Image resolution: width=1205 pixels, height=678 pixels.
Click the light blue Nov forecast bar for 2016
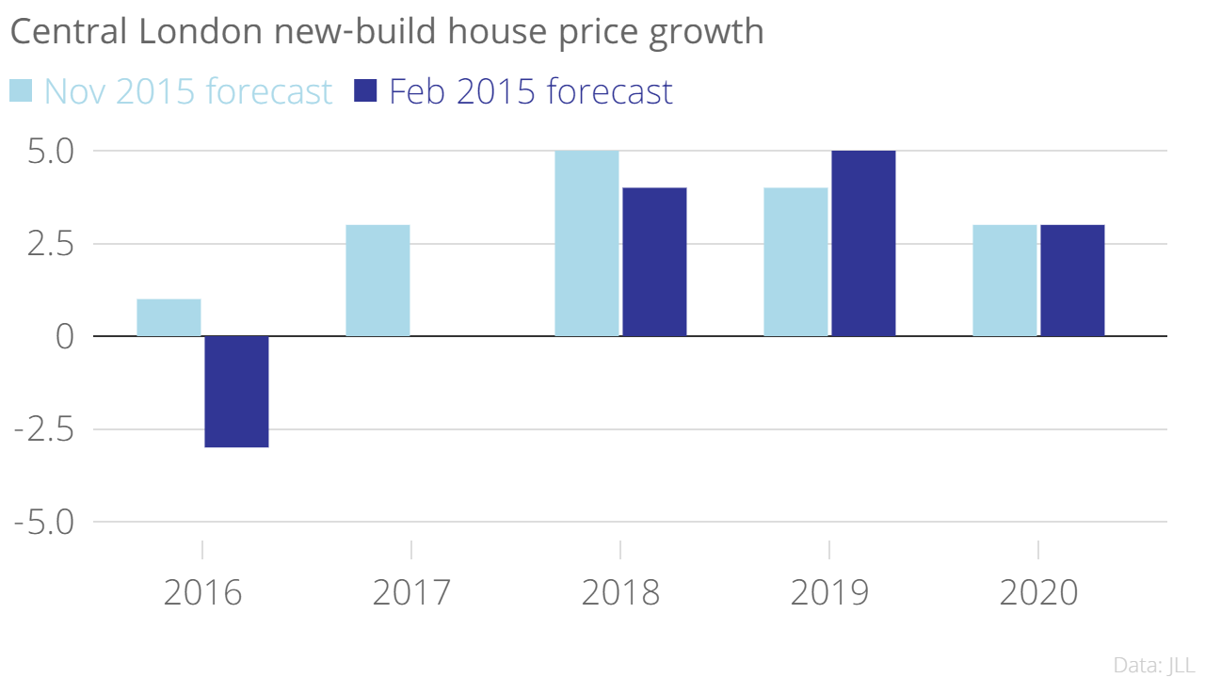[169, 317]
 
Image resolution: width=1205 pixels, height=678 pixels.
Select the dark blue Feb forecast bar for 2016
[236, 392]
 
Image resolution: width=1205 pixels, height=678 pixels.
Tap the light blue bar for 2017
[378, 281]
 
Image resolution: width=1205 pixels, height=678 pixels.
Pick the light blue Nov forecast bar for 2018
[586, 243]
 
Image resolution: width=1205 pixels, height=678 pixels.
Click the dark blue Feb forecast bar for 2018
[654, 262]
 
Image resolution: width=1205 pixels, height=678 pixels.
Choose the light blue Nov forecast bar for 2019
[795, 262]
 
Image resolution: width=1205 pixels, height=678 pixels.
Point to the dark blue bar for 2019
[863, 243]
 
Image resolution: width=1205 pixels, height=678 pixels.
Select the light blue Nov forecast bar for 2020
[1004, 281]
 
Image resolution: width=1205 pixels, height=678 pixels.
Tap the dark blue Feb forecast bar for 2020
[1072, 281]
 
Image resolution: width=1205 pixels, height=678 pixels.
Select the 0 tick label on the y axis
[64, 336]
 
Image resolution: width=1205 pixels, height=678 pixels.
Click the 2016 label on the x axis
[202, 593]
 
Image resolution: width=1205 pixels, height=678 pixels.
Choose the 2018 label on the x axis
[620, 593]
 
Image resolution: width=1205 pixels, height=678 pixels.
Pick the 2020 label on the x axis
[1038, 593]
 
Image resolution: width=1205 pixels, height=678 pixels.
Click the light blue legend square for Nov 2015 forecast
[21, 90]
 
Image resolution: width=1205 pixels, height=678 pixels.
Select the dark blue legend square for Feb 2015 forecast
[364, 90]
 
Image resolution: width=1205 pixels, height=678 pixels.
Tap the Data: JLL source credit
[1153, 663]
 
